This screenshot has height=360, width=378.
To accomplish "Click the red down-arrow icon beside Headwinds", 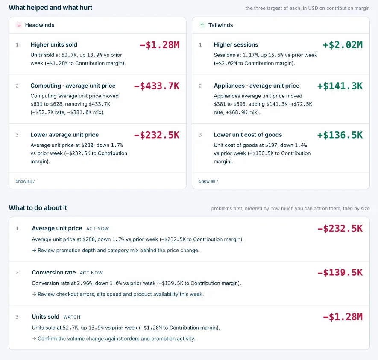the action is (x=19, y=25).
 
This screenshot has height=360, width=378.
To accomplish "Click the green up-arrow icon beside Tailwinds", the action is (x=202, y=25).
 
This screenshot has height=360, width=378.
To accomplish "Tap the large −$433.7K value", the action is (x=157, y=86).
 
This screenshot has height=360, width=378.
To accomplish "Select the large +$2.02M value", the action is (x=343, y=45).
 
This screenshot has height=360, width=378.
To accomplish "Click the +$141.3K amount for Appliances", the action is (x=340, y=86).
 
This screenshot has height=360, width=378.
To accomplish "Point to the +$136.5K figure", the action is (x=340, y=135).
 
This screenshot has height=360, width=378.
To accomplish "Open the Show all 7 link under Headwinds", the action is (x=25, y=181).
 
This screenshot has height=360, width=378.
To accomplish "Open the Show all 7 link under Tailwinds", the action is (x=208, y=181).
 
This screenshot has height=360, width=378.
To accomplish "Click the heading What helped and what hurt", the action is (x=51, y=8).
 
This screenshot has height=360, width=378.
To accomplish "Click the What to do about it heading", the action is (x=38, y=208).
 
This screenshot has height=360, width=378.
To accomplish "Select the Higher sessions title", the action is (x=236, y=44).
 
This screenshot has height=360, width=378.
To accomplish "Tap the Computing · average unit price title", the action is (x=73, y=86).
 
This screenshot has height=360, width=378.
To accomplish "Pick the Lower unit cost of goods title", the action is (x=248, y=135).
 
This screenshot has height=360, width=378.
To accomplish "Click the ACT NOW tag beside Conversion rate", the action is (x=91, y=273).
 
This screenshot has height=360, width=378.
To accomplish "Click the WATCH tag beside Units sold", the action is (x=72, y=317).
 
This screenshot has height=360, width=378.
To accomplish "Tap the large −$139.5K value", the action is (x=340, y=273).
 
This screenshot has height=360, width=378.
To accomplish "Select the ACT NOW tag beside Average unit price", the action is (x=98, y=229).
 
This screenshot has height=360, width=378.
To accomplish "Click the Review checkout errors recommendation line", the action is (x=118, y=294).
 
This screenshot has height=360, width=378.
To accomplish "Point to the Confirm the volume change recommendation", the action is (x=114, y=339).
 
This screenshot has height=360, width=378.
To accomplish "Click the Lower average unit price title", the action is (x=64, y=135).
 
